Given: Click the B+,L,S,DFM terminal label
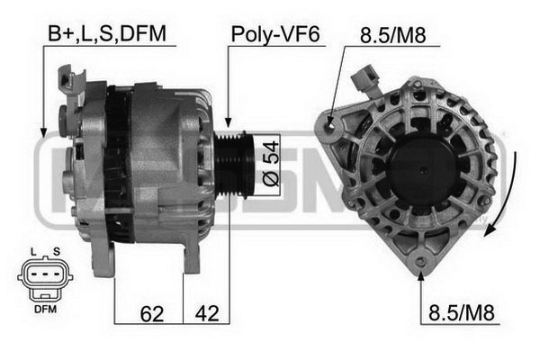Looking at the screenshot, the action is point(107,34).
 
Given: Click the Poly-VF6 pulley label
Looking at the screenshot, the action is point(275,34).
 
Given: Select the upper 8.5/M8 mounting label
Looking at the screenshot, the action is point(393,35).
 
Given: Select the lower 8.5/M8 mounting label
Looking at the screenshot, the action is point(462,313).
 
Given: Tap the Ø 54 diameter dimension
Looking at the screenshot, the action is point(271,164).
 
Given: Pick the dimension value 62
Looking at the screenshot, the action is point(152,314).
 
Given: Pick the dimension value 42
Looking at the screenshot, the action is point(207,313).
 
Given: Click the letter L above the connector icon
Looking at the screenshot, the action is point(33,252).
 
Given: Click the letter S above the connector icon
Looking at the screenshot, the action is point(57,252).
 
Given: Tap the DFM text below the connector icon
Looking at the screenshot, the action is point(46,310).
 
